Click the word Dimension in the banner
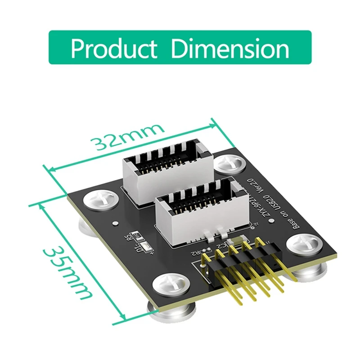(x=230, y=48)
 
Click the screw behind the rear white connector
(x=229, y=164)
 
